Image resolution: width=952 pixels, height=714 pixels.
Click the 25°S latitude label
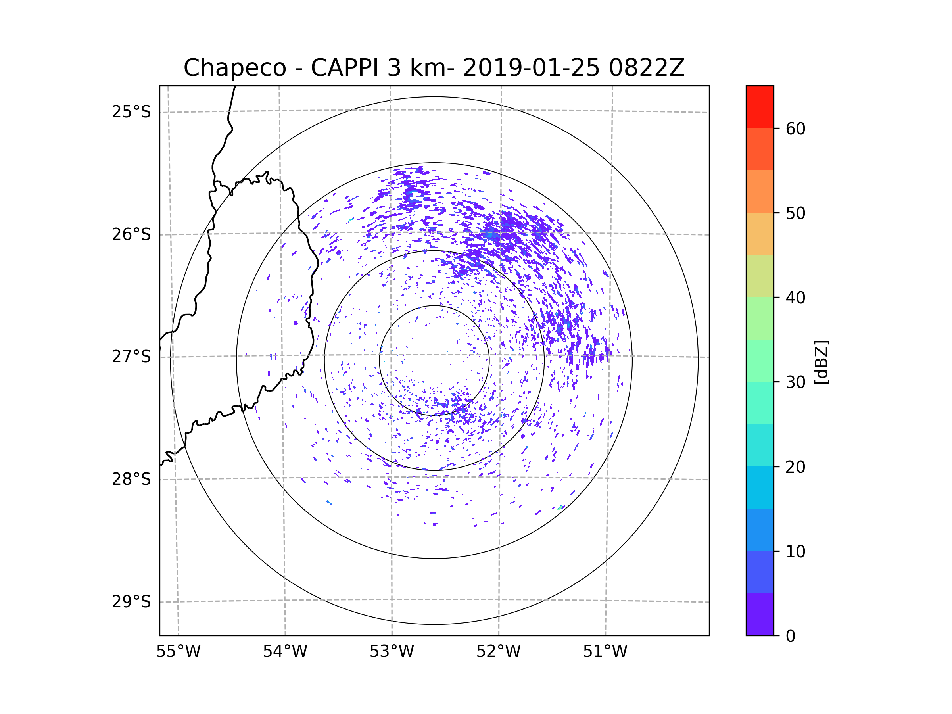(131, 112)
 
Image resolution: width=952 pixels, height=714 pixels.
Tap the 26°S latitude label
(131, 234)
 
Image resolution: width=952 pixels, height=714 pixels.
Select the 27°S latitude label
(131, 357)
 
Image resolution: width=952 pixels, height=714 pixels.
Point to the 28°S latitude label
(131, 479)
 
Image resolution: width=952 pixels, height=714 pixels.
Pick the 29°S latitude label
(131, 602)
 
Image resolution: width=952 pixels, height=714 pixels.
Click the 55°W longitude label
(178, 652)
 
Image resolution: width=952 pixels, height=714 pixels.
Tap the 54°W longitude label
(285, 652)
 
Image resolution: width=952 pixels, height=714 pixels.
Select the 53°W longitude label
(392, 652)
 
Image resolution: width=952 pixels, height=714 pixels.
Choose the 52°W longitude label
(498, 652)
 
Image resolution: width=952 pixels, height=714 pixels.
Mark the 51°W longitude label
(605, 652)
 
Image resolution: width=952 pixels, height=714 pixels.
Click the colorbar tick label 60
(795, 129)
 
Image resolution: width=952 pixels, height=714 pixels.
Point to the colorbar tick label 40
(795, 298)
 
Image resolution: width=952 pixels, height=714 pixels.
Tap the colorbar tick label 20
(795, 467)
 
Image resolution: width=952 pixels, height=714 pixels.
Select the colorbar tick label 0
(791, 636)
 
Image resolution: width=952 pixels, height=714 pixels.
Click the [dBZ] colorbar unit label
(821, 362)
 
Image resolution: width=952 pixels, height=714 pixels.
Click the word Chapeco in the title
(234, 68)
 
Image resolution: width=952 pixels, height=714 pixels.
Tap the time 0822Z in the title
(646, 68)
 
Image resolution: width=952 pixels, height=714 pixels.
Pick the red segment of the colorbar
(760, 107)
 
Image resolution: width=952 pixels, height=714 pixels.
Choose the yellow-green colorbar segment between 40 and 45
(760, 276)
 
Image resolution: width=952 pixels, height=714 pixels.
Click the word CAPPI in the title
(344, 68)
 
